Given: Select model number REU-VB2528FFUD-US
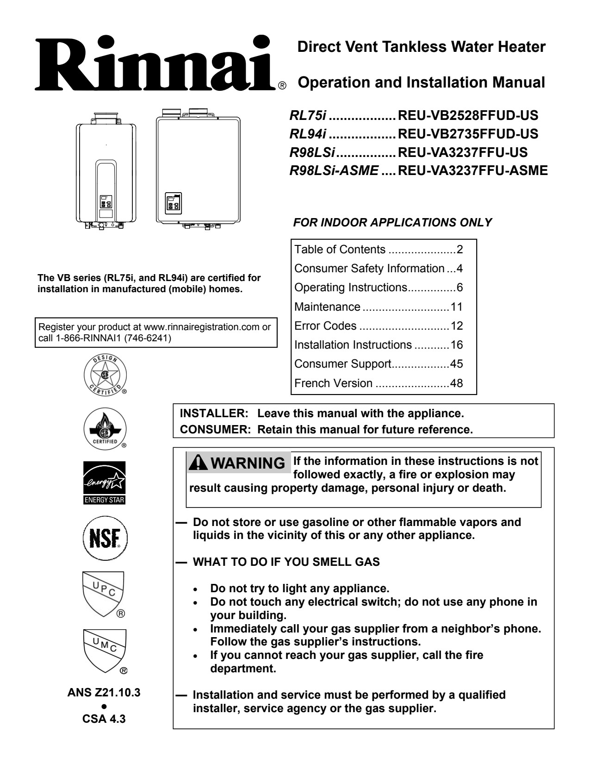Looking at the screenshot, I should click(468, 115).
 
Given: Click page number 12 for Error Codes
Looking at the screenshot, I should click(456, 326).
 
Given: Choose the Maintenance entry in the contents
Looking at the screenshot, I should click(327, 307).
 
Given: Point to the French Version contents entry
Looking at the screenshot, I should click(333, 383).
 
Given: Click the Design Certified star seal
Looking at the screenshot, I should click(105, 373).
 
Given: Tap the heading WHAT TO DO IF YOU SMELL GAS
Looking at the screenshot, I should click(286, 562).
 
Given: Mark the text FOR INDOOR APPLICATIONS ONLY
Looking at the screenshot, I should click(392, 223).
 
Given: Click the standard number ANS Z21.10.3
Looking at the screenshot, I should click(104, 693).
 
